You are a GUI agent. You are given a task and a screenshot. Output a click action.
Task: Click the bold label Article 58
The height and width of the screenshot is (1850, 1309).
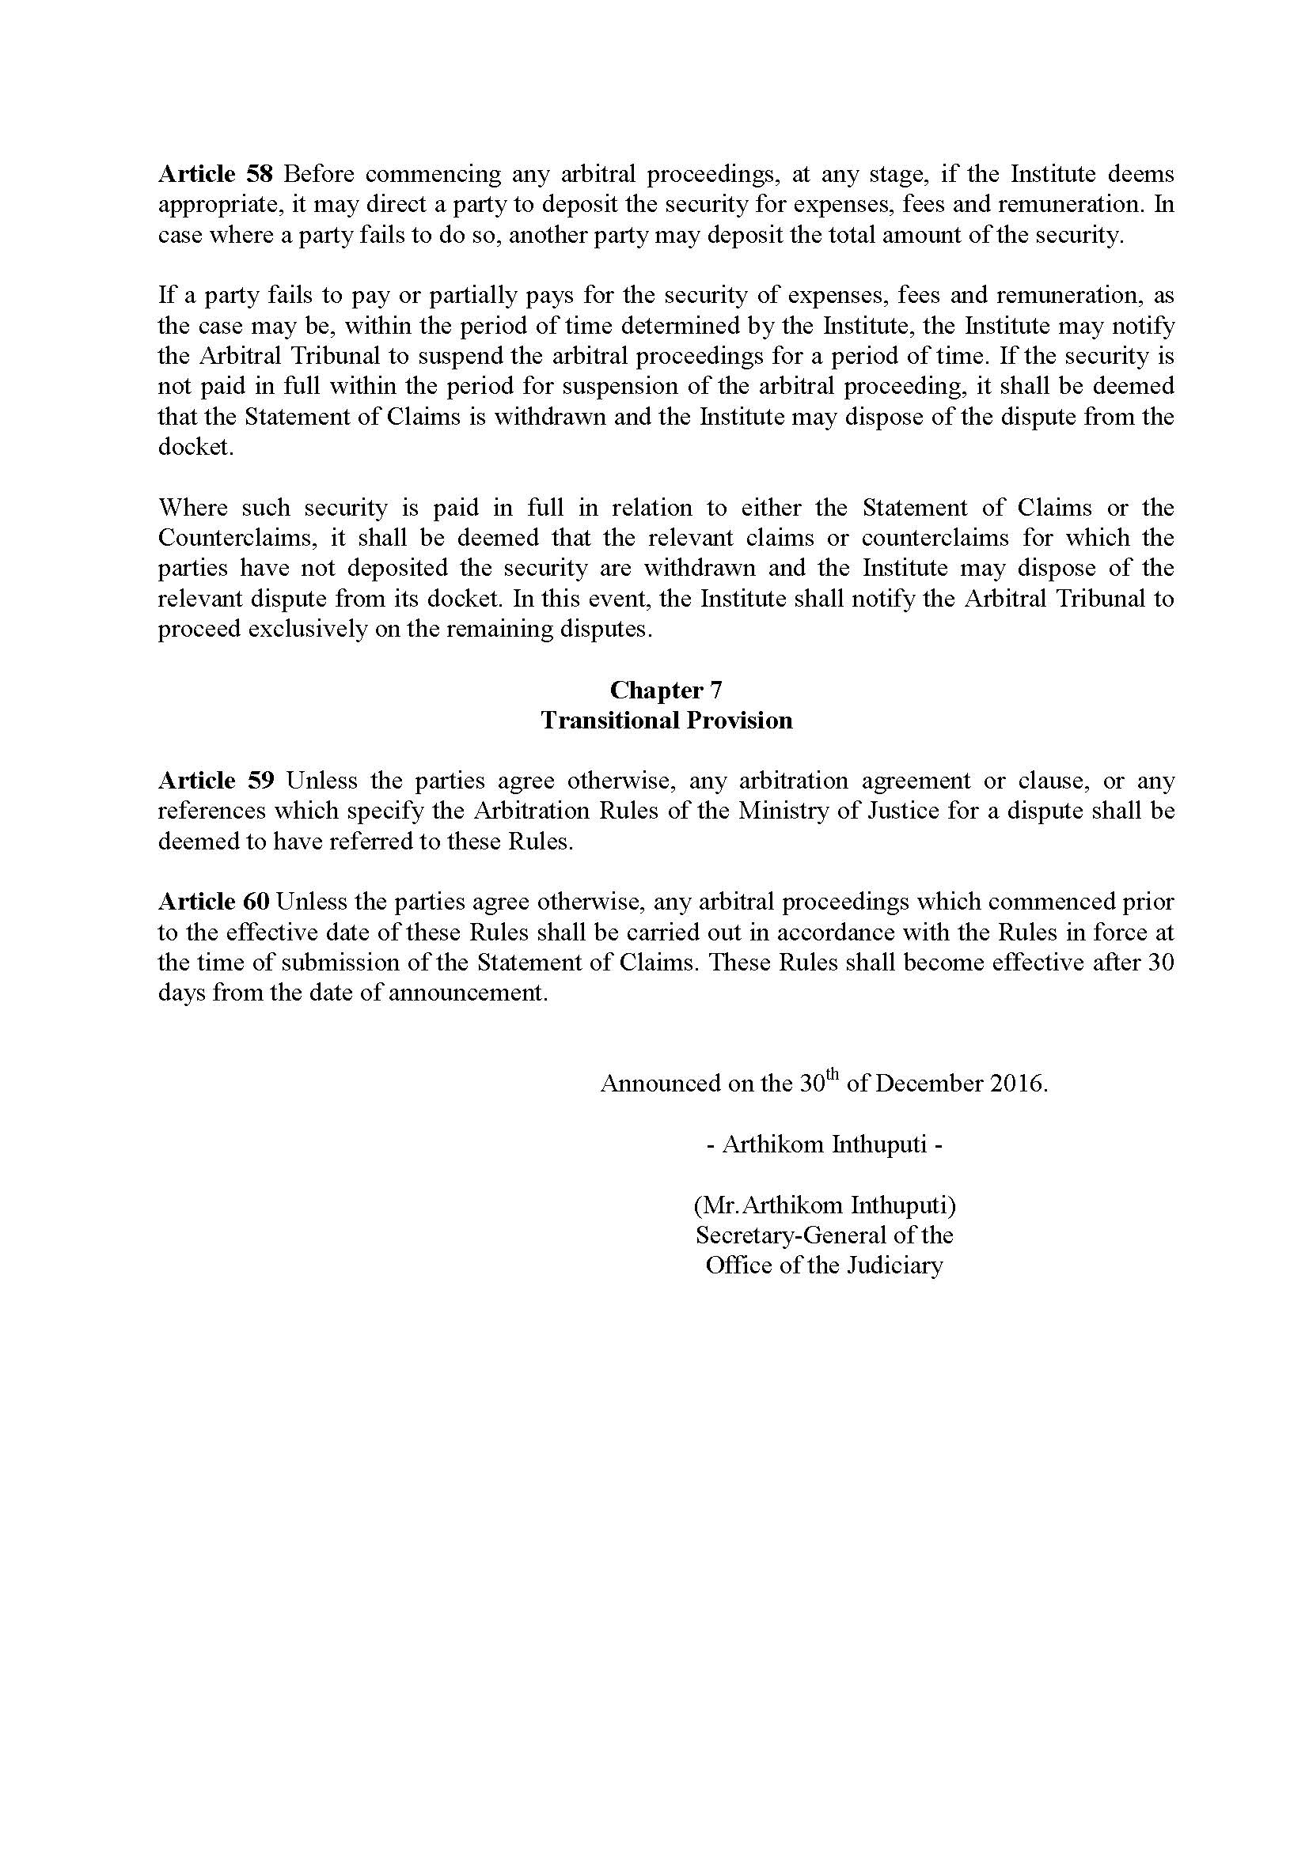pos(216,174)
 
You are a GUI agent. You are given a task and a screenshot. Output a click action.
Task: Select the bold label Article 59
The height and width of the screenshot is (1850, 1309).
pos(216,780)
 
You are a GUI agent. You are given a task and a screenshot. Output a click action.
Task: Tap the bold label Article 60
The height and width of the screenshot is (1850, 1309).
pos(214,902)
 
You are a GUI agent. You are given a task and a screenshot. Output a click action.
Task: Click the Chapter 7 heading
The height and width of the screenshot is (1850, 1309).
pos(666,690)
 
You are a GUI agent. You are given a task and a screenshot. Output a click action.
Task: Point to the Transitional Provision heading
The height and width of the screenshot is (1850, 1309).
pos(666,721)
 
